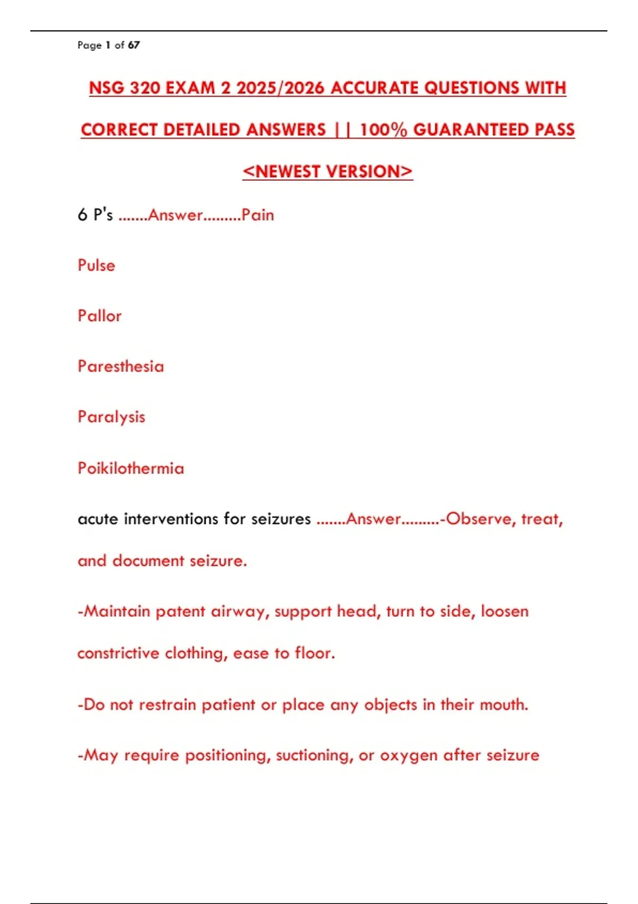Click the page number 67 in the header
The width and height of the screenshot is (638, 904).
134,45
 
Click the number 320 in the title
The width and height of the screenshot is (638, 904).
145,88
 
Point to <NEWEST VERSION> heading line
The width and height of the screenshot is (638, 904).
328,171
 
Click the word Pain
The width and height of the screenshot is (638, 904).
258,215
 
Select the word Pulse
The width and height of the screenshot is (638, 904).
96,265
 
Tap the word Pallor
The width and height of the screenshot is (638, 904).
99,316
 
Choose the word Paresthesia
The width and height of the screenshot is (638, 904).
121,366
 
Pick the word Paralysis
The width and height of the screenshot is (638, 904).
111,417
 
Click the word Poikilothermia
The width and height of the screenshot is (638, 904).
131,468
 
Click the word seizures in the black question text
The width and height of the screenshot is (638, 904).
281,518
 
